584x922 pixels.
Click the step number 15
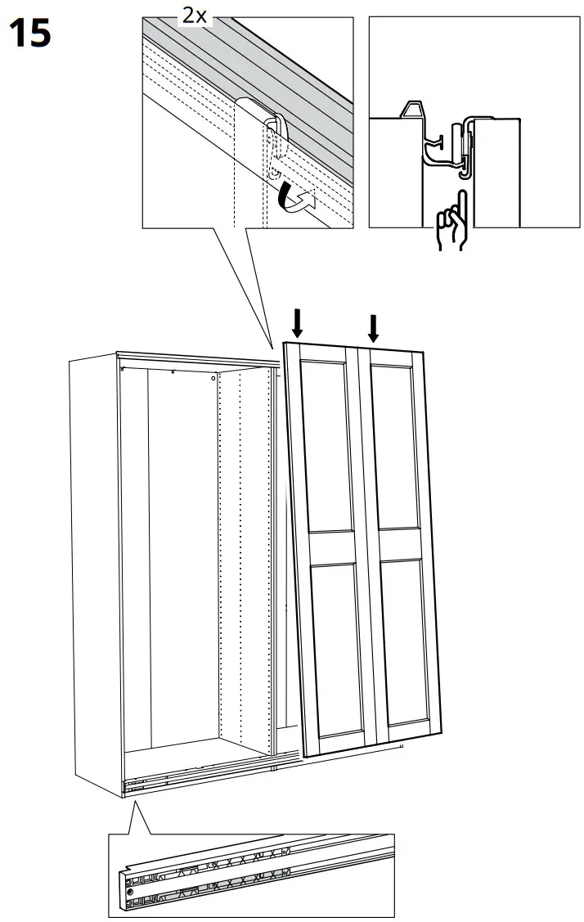[30, 34]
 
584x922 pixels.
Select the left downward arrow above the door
[298, 324]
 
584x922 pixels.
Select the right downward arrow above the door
[374, 327]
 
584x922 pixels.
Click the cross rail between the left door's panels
[331, 545]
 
